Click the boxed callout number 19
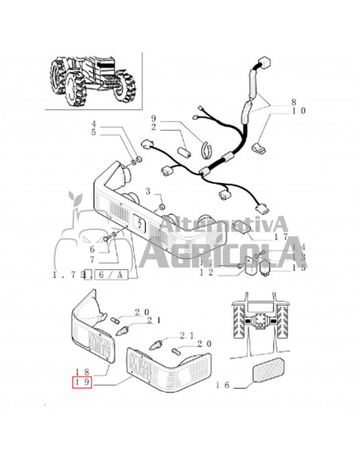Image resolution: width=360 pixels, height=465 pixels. point(83,381)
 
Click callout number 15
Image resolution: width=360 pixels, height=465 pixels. point(299,268)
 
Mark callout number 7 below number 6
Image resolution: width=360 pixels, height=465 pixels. point(93,260)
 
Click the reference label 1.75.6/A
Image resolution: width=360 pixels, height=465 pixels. point(89,274)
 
